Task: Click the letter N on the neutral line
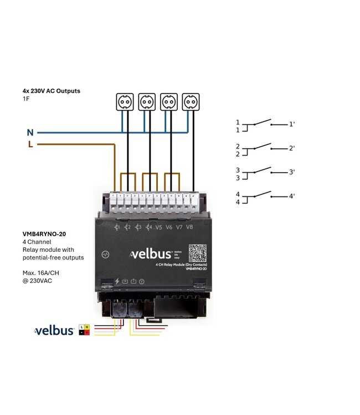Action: (30, 133)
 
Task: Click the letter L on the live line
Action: (30, 145)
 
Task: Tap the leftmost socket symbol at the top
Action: (125, 101)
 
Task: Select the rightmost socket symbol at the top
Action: (191, 101)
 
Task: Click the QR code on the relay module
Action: (198, 253)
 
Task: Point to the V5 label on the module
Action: (159, 227)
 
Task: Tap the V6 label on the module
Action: (169, 227)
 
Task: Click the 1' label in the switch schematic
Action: (292, 124)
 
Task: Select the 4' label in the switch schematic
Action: (292, 196)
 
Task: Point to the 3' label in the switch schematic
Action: (292, 173)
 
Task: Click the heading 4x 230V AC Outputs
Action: (52, 90)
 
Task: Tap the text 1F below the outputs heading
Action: (26, 98)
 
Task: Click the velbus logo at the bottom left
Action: (54, 331)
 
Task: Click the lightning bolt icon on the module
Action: (117, 281)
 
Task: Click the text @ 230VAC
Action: (39, 281)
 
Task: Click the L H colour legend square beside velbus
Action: (85, 330)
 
